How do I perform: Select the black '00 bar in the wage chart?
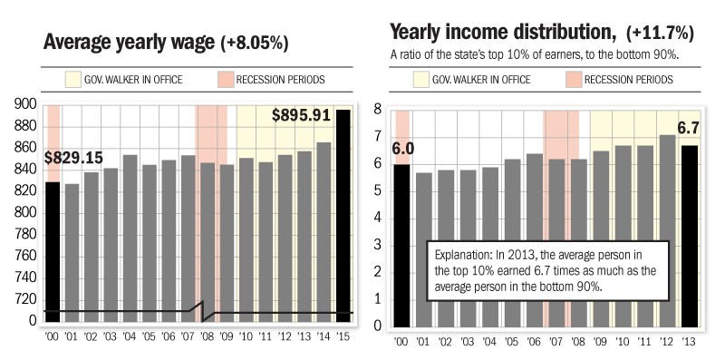point(53,254)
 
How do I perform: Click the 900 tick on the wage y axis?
point(26,105)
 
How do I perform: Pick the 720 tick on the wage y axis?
point(26,299)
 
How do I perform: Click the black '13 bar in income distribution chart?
point(691,236)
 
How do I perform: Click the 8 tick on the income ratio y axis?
point(379,110)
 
